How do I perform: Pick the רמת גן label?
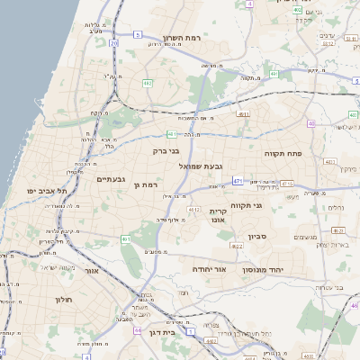click(144, 184)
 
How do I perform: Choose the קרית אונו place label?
click(218, 215)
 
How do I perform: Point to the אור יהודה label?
click(209, 269)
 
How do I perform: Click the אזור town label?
click(91, 270)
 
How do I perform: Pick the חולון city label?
click(62, 299)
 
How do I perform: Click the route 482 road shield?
click(146, 83)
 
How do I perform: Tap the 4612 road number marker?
click(193, 209)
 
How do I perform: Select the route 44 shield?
click(137, 331)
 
